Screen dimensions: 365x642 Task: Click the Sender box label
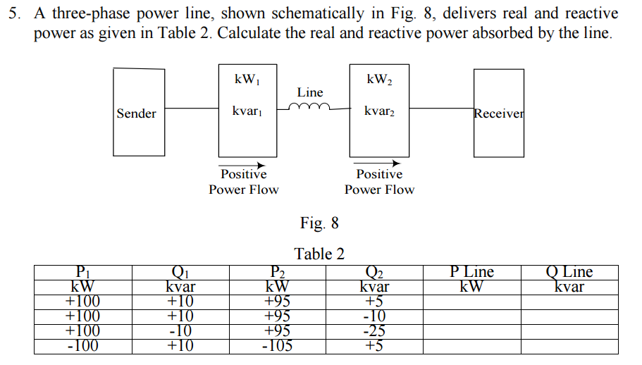pyautogui.click(x=137, y=113)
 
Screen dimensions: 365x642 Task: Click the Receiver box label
pyautogui.click(x=499, y=113)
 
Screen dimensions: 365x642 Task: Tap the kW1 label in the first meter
pyautogui.click(x=247, y=79)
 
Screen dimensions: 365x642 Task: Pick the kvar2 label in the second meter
pyautogui.click(x=379, y=111)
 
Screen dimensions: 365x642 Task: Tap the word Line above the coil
pyautogui.click(x=310, y=92)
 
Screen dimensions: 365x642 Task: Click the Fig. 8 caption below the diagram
pyautogui.click(x=319, y=223)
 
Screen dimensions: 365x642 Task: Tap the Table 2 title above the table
pyautogui.click(x=319, y=254)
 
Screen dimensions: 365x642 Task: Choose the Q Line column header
pyautogui.click(x=569, y=272)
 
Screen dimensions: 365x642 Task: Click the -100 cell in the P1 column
pyautogui.click(x=83, y=345)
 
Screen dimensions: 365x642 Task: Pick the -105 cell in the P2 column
pyautogui.click(x=278, y=345)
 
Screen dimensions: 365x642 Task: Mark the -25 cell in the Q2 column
pyautogui.click(x=374, y=330)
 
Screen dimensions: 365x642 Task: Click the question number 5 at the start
pyautogui.click(x=13, y=14)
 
